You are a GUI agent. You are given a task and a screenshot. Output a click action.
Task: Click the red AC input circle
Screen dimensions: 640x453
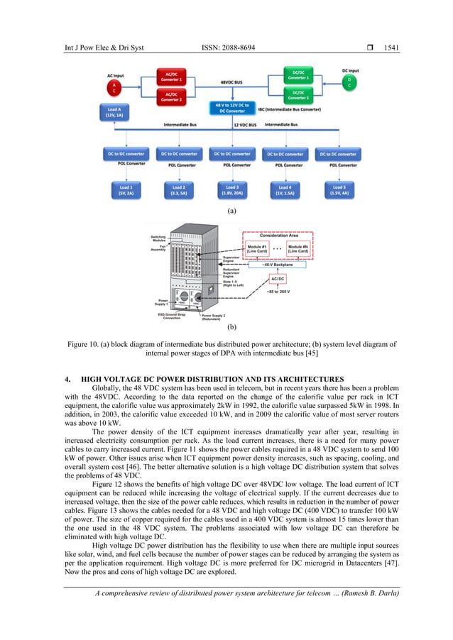click(116, 86)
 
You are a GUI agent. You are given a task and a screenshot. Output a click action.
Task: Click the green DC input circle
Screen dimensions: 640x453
click(349, 84)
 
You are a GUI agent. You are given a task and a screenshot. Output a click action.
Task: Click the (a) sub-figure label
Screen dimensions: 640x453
click(230, 211)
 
